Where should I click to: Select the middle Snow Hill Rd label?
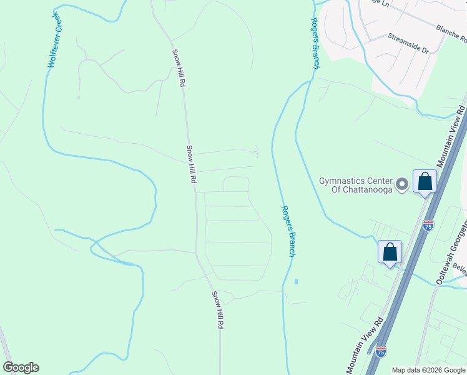(192, 164)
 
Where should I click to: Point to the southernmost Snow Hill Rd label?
(217, 310)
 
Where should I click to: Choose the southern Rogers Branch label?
(288, 231)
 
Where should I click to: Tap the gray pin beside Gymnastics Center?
(403, 184)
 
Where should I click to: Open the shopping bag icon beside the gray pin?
(425, 182)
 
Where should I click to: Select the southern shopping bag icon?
(390, 252)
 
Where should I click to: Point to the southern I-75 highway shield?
(381, 352)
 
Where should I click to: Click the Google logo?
(21, 367)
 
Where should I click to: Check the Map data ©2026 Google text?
(428, 370)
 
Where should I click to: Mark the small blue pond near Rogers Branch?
(296, 282)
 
